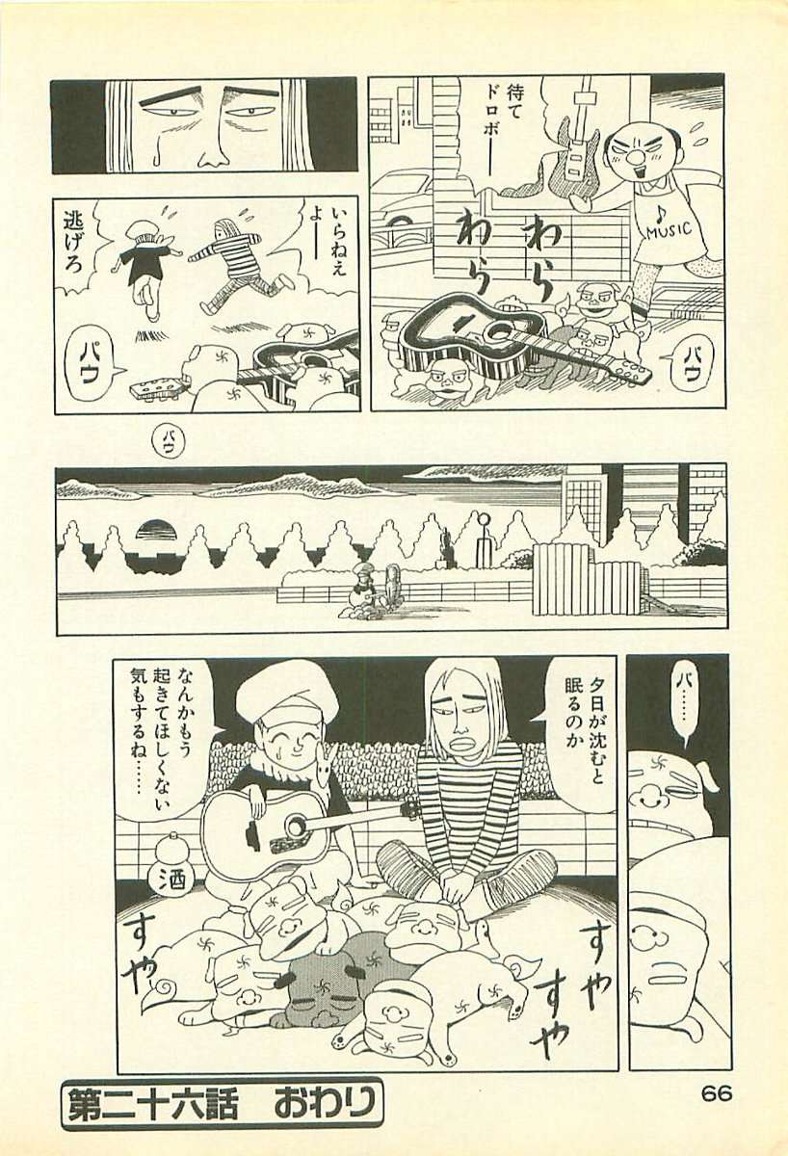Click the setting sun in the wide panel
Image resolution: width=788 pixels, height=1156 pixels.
[x=155, y=530]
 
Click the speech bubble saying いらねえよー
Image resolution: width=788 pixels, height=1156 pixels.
[x=339, y=245]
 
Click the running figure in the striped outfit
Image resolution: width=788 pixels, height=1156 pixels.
[x=236, y=256]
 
